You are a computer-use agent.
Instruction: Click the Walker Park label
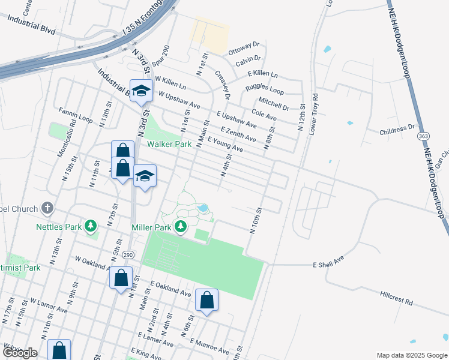pyautogui.click(x=170, y=145)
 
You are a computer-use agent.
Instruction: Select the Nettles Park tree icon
pyautogui.click(x=91, y=226)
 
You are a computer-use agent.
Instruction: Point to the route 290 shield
pyautogui.click(x=128, y=256)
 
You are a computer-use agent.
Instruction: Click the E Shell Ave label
pyautogui.click(x=328, y=263)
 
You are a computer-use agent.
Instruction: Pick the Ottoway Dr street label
pyautogui.click(x=244, y=47)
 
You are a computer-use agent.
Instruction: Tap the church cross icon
pyautogui.click(x=47, y=208)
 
